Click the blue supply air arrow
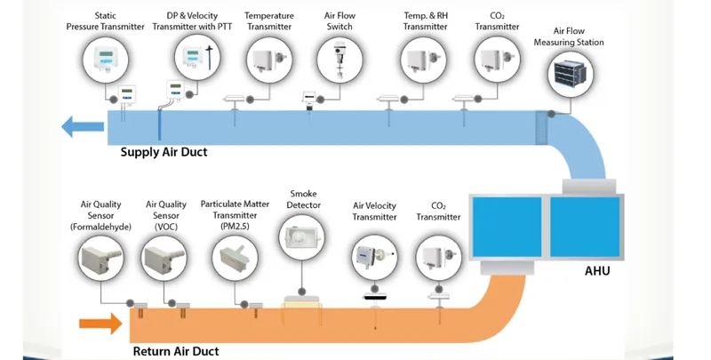[83, 126]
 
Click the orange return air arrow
[100, 324]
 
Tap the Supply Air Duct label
[164, 152]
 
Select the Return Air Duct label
[176, 351]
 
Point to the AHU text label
[597, 271]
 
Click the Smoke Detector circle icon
[301, 237]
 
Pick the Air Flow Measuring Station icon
[570, 75]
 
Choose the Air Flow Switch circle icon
[340, 60]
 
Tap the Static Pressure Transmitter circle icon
[105, 60]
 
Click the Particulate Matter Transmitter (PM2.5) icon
[235, 258]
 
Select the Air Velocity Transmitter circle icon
[374, 258]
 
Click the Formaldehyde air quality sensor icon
[100, 258]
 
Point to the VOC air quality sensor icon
[164, 258]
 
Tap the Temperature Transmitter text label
[269, 21]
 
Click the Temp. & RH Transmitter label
[426, 21]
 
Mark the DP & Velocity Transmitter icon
[197, 58]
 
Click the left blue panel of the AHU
[507, 227]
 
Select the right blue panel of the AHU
[585, 227]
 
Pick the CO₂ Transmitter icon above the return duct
[438, 258]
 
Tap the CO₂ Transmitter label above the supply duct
[497, 21]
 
